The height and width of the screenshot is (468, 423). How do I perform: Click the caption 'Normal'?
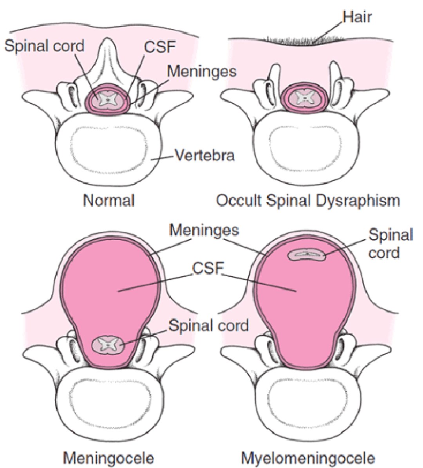(109, 201)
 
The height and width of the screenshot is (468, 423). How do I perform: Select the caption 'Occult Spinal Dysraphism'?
(308, 201)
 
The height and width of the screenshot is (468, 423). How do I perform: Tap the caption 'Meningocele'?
(108, 457)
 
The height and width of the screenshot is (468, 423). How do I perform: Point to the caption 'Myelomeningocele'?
(308, 457)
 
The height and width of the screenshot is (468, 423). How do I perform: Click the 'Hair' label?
(356, 17)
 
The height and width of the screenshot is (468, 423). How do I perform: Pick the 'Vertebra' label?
(204, 155)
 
